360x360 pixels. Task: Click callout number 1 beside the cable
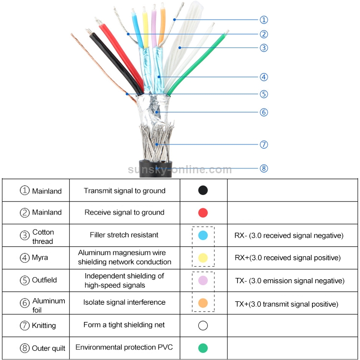[264, 20]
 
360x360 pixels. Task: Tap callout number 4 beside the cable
[264, 77]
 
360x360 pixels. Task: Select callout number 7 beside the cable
[264, 144]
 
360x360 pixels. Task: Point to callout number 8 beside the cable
[264, 168]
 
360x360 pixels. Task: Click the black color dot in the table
[203, 190]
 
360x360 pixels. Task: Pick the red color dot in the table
[203, 213]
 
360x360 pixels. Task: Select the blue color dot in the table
[203, 236]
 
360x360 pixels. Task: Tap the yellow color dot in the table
[203, 258]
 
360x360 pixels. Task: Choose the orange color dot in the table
[203, 303]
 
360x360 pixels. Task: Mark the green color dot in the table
[203, 348]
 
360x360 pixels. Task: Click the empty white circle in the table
[203, 326]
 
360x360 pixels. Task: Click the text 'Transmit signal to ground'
[124, 191]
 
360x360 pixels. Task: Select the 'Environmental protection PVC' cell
[124, 348]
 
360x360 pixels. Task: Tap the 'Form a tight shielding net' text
[124, 325]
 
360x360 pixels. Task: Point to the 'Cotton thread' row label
[43, 237]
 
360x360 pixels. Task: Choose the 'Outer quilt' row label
[48, 348]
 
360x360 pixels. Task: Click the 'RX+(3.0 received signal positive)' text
[288, 258]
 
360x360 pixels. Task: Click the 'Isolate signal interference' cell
[124, 302]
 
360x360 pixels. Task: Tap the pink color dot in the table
[203, 281]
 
